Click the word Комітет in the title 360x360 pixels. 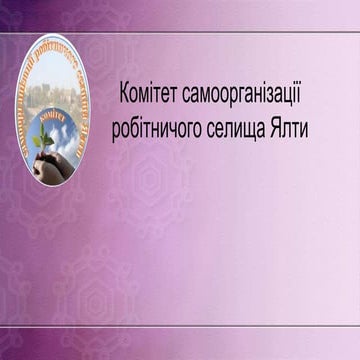150,90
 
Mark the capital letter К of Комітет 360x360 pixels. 124,90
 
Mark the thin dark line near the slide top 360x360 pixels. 180,32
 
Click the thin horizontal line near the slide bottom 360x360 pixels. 180,325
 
